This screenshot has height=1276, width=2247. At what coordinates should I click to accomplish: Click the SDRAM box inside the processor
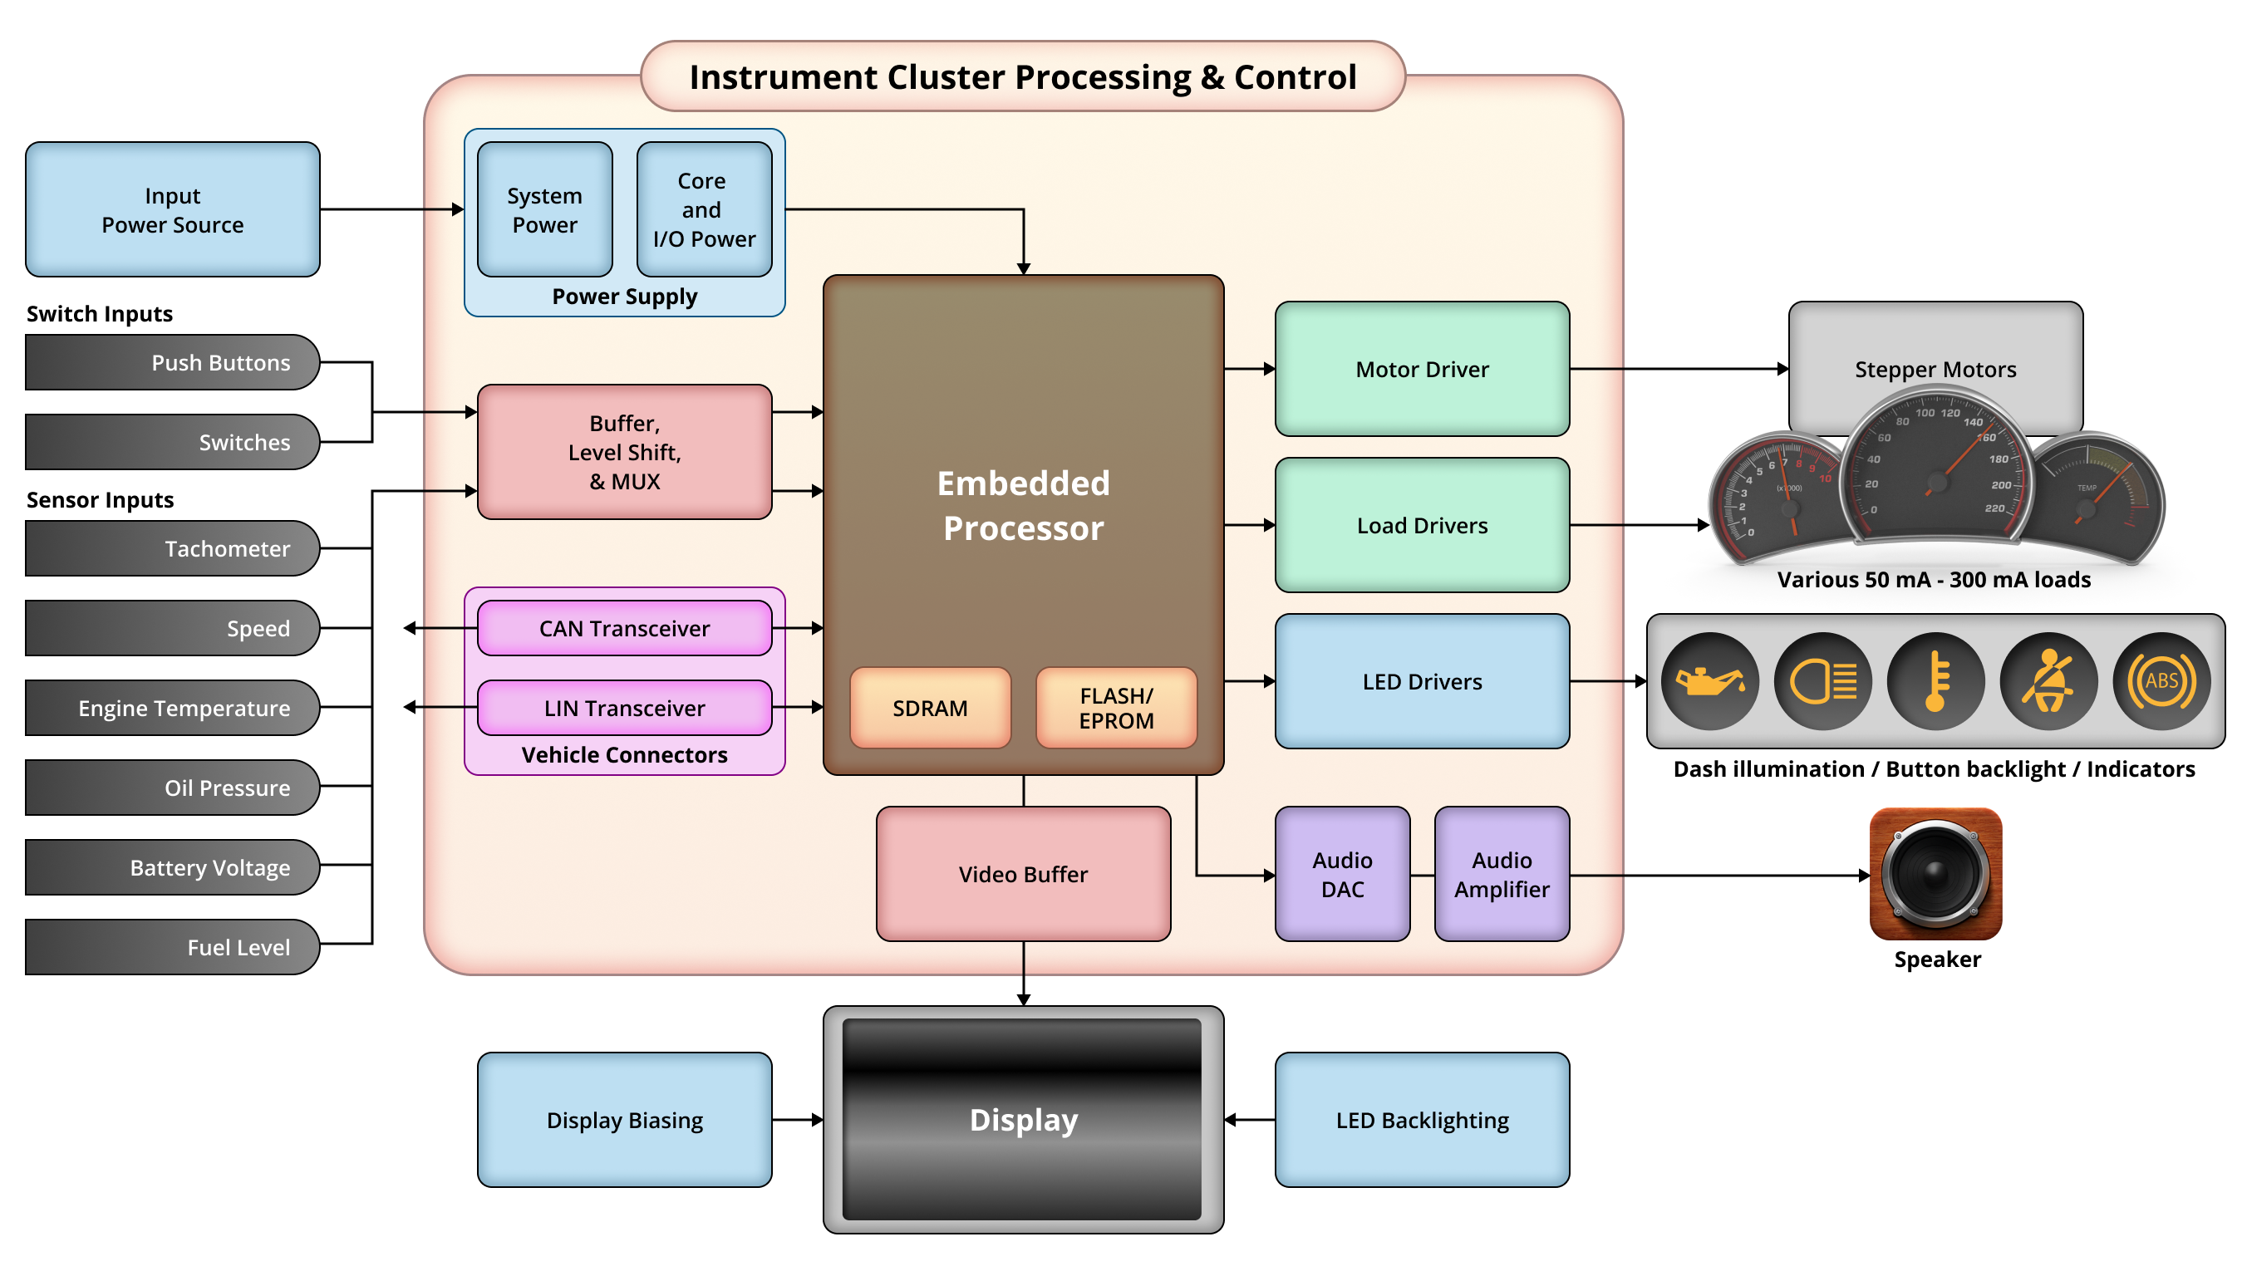click(930, 707)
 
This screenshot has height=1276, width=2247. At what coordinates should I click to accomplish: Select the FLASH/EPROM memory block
click(1116, 707)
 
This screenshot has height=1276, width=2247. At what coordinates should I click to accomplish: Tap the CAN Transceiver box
click(624, 628)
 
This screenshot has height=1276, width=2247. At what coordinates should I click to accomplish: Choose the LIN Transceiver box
click(624, 707)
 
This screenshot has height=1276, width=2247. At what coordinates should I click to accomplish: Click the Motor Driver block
click(1422, 369)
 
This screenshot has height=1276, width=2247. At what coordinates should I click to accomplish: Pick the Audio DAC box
click(1342, 874)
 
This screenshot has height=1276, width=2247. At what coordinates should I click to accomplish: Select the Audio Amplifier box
click(1502, 874)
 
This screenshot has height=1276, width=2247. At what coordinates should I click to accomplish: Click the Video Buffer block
click(1023, 874)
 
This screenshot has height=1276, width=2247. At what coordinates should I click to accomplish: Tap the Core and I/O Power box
click(704, 209)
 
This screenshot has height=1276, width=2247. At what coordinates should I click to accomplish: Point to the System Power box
click(544, 209)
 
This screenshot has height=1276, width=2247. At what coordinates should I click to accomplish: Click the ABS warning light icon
click(2161, 681)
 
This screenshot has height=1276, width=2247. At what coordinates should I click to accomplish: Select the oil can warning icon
click(1710, 681)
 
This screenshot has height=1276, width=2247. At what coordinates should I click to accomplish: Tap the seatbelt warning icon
click(2048, 681)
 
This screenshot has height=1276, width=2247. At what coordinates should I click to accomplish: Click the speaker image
click(1935, 874)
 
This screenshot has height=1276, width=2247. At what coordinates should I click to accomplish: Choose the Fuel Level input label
click(173, 946)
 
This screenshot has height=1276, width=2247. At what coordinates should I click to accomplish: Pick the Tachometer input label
click(173, 548)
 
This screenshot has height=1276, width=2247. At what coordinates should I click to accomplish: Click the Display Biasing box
click(624, 1119)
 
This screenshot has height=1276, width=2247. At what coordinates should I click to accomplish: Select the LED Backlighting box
click(1422, 1119)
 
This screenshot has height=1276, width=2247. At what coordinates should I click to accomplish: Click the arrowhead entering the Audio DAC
click(1269, 875)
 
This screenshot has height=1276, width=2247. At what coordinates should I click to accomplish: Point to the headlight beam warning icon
click(1823, 681)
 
